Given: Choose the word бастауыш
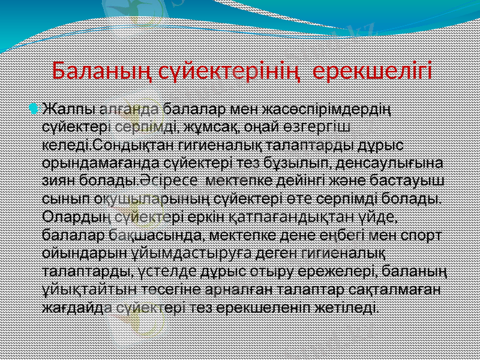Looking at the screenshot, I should tap(405, 180).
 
